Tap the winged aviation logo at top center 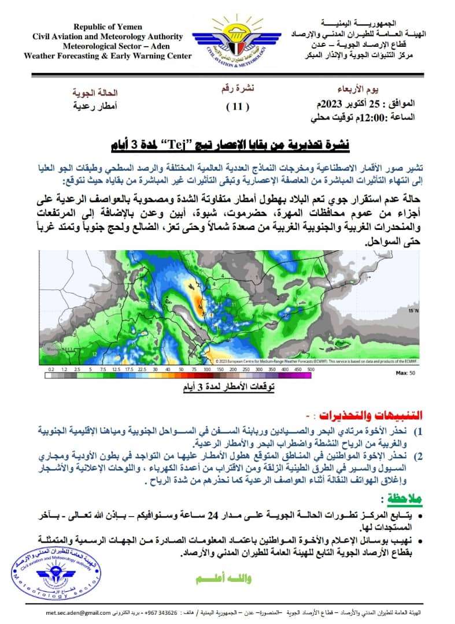click(227, 40)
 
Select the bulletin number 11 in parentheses click(237, 106)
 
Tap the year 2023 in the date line click(332, 105)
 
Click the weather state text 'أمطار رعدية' click(95, 106)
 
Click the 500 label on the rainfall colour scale click(310, 369)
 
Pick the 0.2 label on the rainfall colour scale click(51, 369)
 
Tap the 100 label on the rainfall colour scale click(206, 369)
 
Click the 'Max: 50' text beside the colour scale click(402, 374)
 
